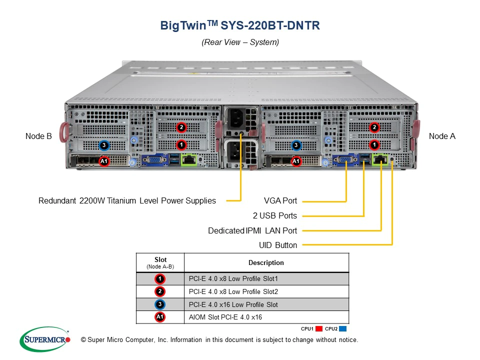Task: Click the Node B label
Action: [x=38, y=136]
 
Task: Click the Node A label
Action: [x=442, y=136]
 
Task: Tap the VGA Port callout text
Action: [x=280, y=201]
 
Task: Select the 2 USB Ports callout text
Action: [x=274, y=216]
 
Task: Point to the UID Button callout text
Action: [x=278, y=245]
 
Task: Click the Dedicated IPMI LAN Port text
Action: [x=252, y=231]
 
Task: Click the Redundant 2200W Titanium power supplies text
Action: [x=127, y=201]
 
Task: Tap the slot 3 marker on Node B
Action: [x=103, y=145]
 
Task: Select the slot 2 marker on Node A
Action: [x=374, y=127]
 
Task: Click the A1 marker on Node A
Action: [x=296, y=161]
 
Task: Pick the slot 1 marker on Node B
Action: [x=181, y=144]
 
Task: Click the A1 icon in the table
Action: [x=159, y=317]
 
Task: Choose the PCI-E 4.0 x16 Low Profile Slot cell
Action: [x=233, y=304]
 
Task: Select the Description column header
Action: [x=266, y=262]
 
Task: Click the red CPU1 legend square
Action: [x=318, y=329]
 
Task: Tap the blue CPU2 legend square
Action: [x=342, y=329]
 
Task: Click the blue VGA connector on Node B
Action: [x=154, y=160]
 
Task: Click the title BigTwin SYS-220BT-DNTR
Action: [x=240, y=25]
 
